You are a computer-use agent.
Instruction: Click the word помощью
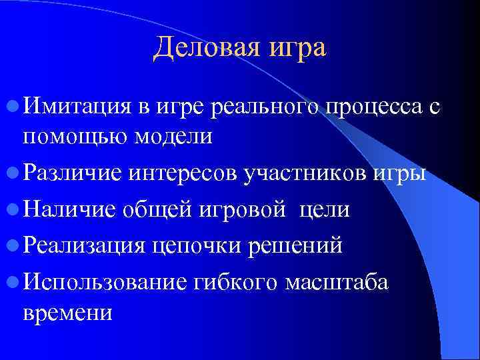tap(75, 137)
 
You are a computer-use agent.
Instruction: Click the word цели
tap(324, 209)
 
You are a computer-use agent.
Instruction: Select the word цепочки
tap(196, 246)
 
